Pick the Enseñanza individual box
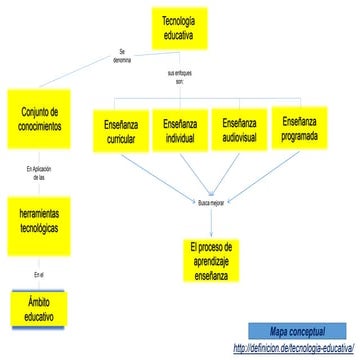(180, 131)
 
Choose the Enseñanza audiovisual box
(239, 130)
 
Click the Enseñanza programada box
(300, 127)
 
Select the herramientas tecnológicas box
(39, 219)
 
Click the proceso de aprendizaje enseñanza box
(211, 259)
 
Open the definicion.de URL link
(294, 348)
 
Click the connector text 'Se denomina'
(123, 56)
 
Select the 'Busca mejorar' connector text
(210, 203)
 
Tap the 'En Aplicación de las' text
(39, 172)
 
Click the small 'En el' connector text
(39, 273)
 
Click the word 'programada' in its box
(300, 135)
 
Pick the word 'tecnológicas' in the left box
(39, 227)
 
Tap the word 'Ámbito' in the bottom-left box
(39, 301)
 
